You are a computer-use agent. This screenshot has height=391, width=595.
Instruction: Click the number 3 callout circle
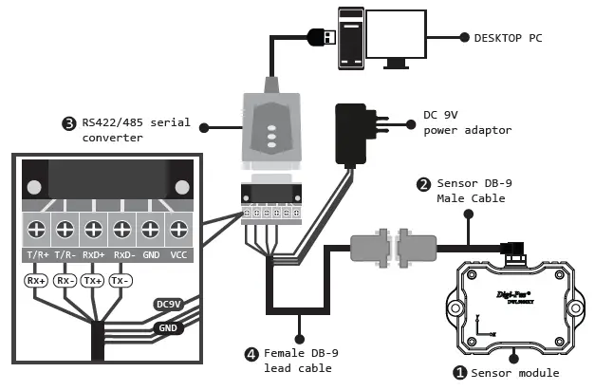68,123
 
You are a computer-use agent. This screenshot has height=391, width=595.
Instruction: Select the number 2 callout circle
423,183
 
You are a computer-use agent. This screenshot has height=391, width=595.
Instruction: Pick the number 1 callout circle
459,373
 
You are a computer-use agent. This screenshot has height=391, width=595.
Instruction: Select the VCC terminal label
177,255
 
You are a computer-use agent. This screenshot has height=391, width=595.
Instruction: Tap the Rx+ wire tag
36,281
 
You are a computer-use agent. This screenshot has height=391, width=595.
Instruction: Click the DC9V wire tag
168,304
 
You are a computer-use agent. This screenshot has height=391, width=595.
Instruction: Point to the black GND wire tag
169,327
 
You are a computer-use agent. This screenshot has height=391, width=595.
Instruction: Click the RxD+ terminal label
94,255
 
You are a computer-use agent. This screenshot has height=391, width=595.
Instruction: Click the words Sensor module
515,373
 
